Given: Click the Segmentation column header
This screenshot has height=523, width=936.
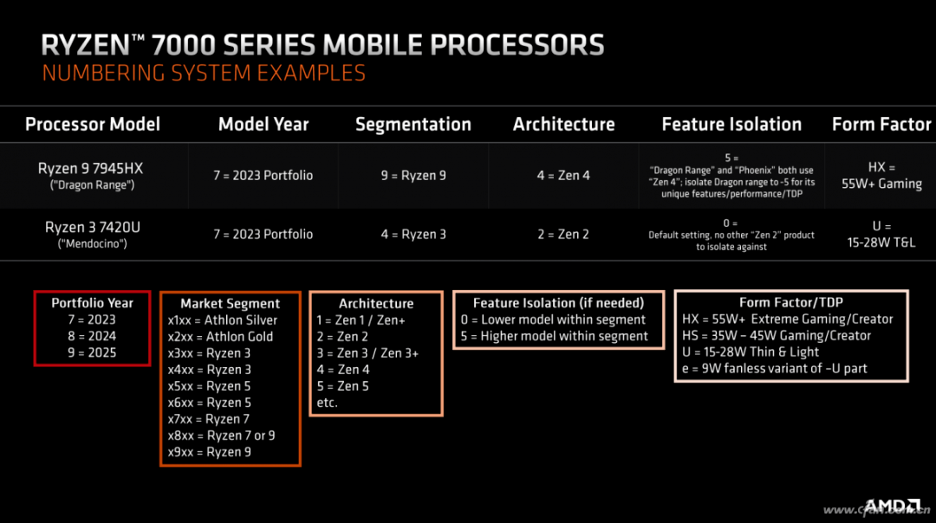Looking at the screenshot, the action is click(413, 124).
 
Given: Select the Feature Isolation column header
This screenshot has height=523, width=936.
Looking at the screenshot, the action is click(731, 124).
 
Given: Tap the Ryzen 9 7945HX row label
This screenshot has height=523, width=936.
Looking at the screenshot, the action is click(92, 175).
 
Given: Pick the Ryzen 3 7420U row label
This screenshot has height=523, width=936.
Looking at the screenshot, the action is click(93, 235).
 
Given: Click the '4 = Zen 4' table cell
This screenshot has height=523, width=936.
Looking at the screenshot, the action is click(563, 175).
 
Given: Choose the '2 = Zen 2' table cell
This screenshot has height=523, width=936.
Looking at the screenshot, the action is click(563, 235).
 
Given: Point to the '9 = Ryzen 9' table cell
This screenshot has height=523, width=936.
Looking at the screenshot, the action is click(413, 175).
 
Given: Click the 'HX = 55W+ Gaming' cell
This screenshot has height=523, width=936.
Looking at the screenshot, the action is click(881, 175).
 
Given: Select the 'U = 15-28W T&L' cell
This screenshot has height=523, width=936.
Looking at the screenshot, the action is click(881, 235).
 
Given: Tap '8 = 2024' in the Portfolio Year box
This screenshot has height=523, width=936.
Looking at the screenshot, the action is click(92, 336).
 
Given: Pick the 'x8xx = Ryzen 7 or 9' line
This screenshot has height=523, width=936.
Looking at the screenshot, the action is click(222, 436).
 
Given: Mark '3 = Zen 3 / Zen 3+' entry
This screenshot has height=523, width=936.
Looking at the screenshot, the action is click(367, 353).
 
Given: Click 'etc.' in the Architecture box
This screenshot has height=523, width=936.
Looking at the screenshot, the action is click(327, 403).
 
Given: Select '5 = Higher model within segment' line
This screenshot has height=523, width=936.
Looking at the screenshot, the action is click(554, 336).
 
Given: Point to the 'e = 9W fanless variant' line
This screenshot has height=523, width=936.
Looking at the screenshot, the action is click(775, 369).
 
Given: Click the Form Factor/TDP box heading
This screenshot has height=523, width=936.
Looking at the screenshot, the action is click(791, 302).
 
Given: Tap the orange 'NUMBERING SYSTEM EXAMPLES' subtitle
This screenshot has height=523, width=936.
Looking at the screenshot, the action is click(204, 73).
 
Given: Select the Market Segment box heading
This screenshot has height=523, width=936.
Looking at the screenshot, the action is click(230, 304).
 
